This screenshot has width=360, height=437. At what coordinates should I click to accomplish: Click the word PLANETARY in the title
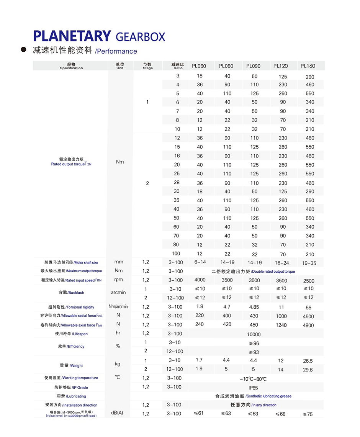(x=72, y=36)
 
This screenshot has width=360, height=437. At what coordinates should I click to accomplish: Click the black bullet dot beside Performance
(x=24, y=50)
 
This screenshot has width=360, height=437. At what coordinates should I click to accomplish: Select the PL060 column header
(x=199, y=66)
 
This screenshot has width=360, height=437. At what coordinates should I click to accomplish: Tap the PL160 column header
(x=308, y=66)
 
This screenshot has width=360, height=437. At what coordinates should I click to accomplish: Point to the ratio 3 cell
(x=178, y=76)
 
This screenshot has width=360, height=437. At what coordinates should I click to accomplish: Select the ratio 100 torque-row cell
(x=176, y=254)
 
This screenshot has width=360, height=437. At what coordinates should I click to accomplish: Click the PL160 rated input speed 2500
(x=308, y=281)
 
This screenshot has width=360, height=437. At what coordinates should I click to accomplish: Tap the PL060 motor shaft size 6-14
(x=200, y=262)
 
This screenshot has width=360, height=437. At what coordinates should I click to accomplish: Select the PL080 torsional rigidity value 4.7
(x=227, y=307)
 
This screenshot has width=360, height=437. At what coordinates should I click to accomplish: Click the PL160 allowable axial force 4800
(x=308, y=325)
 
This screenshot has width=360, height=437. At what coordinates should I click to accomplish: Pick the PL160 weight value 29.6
(x=308, y=370)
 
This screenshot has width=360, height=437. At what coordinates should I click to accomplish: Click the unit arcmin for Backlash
(x=118, y=293)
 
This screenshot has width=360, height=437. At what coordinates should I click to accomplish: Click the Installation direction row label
(x=71, y=405)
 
